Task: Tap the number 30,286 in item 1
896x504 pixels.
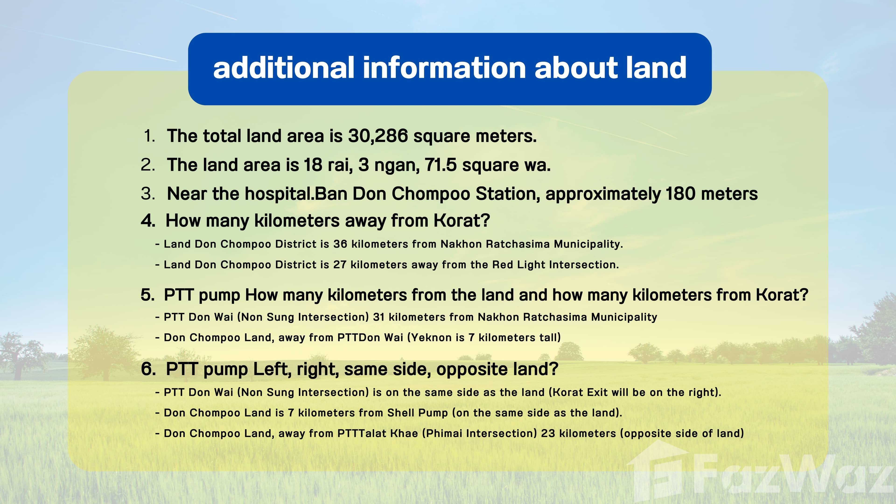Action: (x=378, y=136)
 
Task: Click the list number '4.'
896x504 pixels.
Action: (x=148, y=220)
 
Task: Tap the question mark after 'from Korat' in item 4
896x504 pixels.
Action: (x=485, y=220)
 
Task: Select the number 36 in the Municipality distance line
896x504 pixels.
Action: (x=340, y=244)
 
